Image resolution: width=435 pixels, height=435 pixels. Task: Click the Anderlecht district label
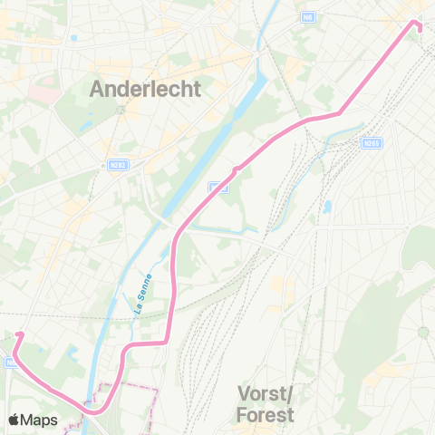click(x=145, y=89)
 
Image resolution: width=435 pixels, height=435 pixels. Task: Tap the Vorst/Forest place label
click(x=266, y=404)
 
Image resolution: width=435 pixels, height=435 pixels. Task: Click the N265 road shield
click(x=370, y=142)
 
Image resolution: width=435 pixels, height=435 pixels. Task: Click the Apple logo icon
click(x=15, y=420)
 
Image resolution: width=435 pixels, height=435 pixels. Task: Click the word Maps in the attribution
click(x=41, y=420)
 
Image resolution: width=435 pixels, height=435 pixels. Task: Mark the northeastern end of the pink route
click(x=420, y=27)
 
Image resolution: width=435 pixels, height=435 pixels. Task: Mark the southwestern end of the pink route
click(x=17, y=335)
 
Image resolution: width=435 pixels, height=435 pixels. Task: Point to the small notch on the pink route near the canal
click(x=235, y=169)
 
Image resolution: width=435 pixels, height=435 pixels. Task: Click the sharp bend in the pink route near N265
click(x=339, y=113)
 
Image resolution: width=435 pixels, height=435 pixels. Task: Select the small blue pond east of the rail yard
click(x=326, y=207)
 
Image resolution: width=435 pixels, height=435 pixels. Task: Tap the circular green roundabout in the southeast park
click(x=422, y=333)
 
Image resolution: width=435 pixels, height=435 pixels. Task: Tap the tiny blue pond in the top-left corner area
click(x=72, y=38)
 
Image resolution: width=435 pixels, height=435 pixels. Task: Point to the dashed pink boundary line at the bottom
click(x=136, y=388)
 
